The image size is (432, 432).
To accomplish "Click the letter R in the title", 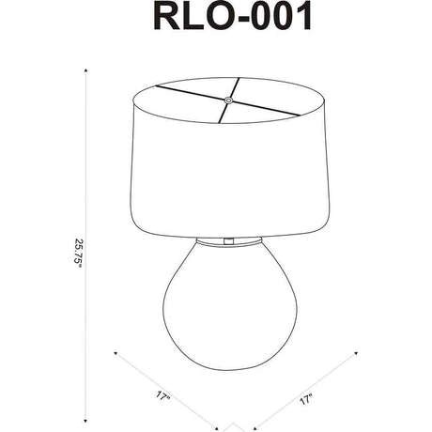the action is [x=166, y=16].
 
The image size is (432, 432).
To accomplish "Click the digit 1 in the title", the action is [x=303, y=16].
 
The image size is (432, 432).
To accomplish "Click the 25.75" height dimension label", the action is [x=78, y=253].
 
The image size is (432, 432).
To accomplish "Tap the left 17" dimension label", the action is [x=162, y=396].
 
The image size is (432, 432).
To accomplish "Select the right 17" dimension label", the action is [x=306, y=400].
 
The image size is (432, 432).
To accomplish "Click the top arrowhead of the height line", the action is [x=85, y=70].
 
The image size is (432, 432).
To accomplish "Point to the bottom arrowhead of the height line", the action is [x=85, y=421].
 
